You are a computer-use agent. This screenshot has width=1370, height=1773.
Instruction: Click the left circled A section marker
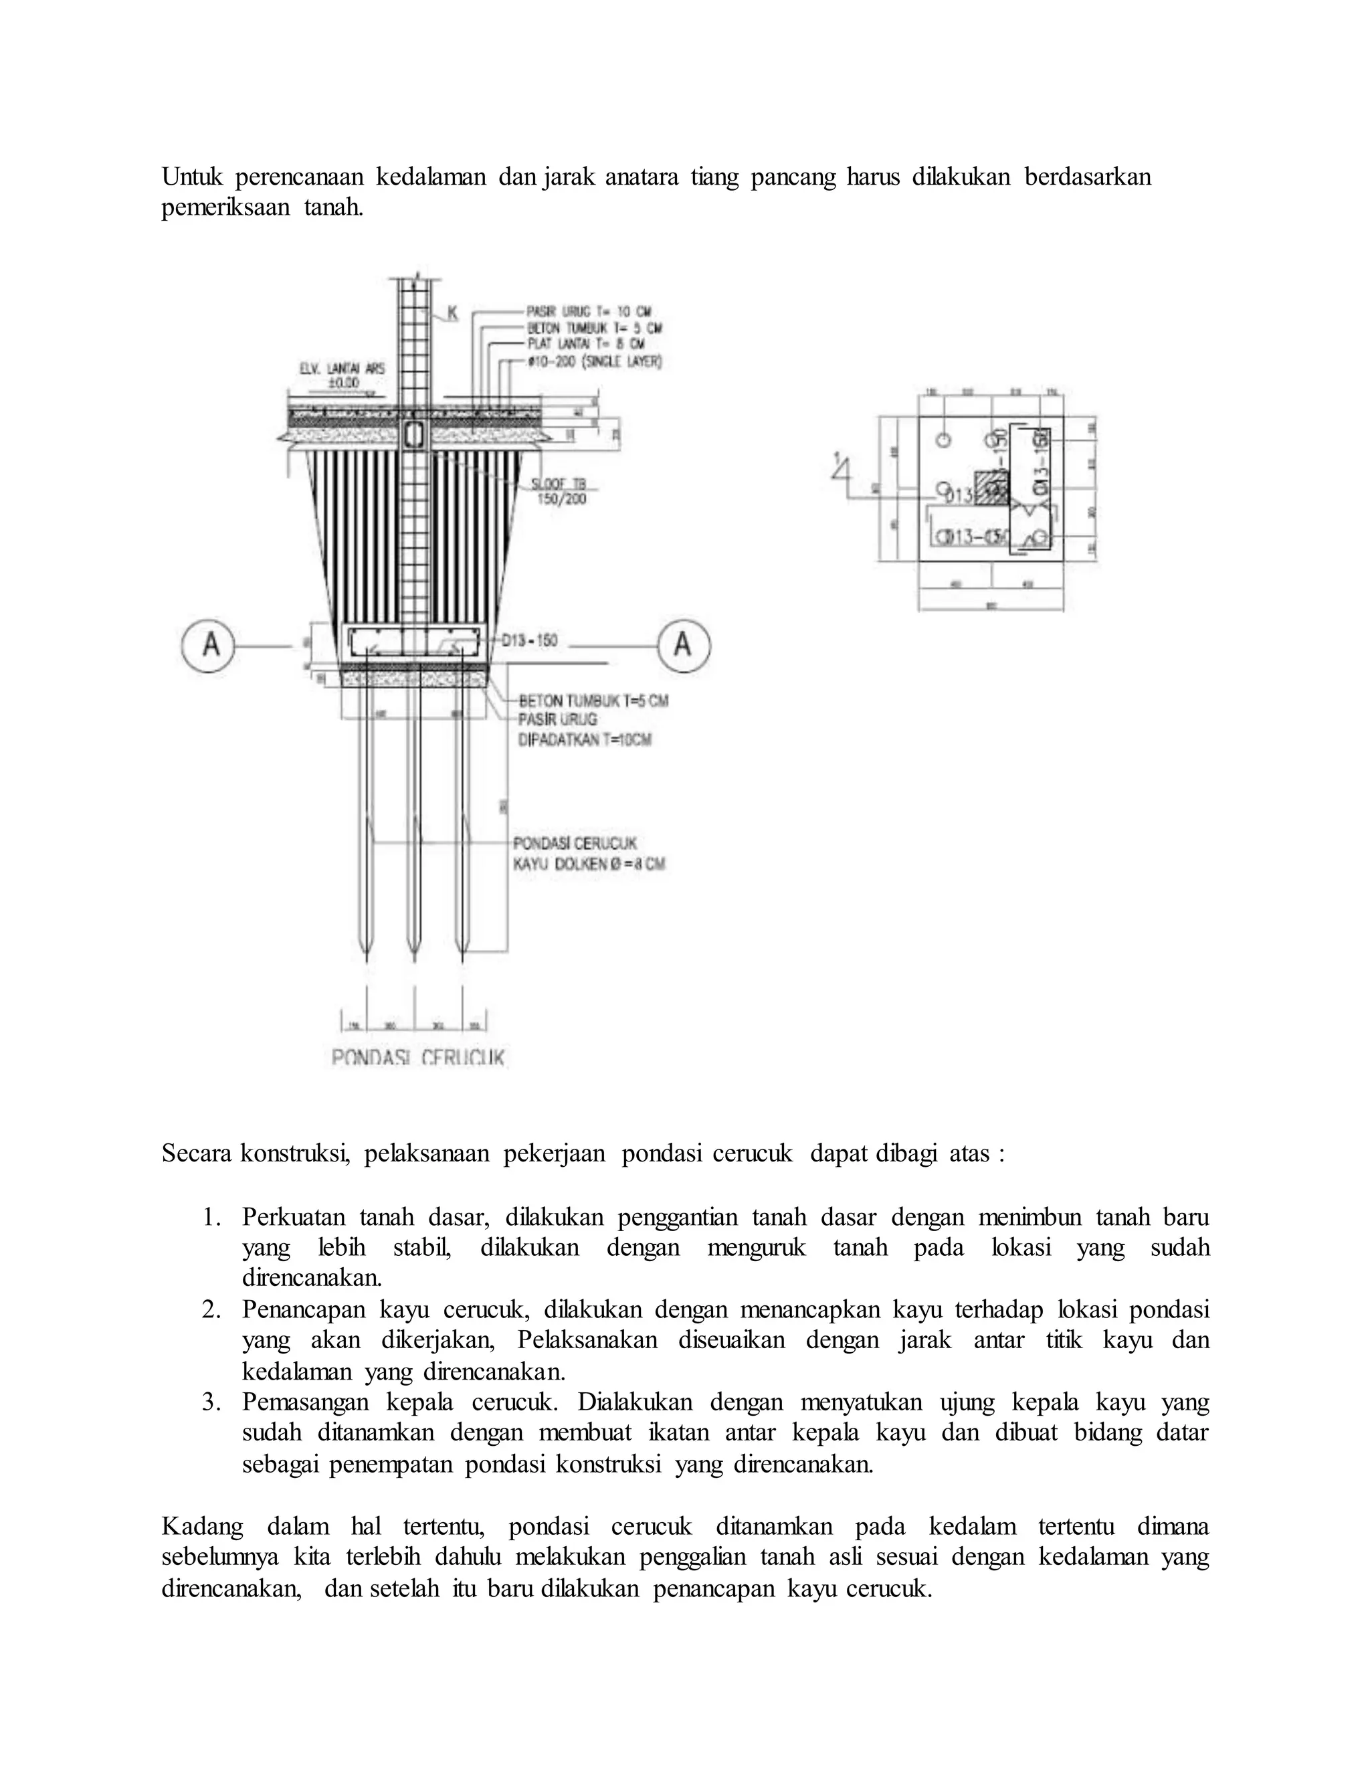[208, 646]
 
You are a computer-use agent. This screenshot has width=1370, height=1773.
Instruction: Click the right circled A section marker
[684, 646]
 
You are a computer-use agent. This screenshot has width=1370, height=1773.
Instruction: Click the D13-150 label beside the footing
[529, 640]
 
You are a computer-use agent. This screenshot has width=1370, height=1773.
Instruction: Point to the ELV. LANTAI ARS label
[342, 369]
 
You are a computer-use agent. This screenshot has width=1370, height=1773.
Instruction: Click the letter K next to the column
[452, 313]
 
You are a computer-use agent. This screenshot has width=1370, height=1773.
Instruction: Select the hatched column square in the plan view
[991, 487]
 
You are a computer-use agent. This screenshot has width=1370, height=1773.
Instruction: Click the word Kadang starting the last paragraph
[202, 1526]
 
